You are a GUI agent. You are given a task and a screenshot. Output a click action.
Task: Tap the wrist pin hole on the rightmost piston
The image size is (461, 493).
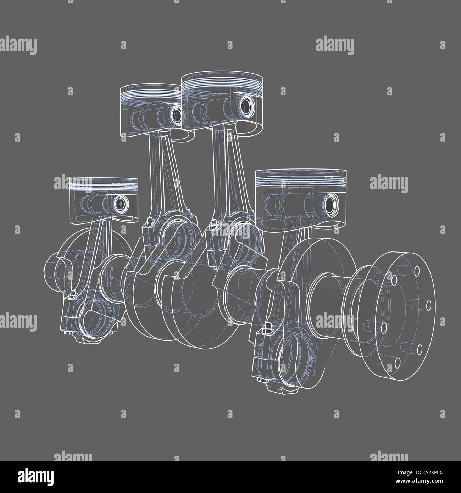pos(329,204)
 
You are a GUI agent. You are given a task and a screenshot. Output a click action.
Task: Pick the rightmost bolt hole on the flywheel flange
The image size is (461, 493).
pos(428,305)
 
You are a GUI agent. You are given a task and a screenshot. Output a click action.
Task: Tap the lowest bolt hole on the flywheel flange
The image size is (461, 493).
pos(397,362)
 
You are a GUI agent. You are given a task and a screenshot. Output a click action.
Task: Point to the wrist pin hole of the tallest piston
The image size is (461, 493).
pos(245,105)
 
